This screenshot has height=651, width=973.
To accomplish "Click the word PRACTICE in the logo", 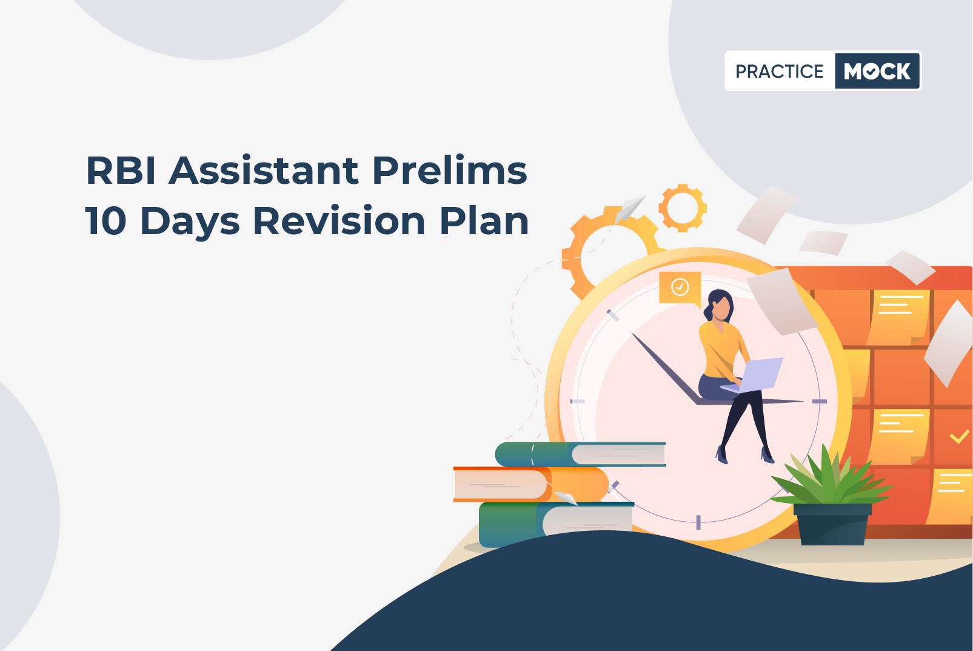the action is [x=779, y=71].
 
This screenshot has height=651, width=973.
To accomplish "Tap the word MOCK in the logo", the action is [x=877, y=71].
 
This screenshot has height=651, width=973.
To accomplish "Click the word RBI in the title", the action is [x=121, y=170].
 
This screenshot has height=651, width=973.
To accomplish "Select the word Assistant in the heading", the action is [x=264, y=170].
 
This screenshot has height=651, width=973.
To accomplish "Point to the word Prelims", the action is [x=450, y=170].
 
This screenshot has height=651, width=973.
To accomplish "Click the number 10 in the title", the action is [x=105, y=221].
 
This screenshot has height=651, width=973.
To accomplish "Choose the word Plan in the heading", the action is [x=484, y=220].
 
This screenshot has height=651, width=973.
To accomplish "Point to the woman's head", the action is [x=720, y=306].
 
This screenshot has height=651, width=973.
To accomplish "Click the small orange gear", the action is [x=683, y=207].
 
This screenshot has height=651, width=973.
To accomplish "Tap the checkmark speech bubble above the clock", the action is [x=680, y=288].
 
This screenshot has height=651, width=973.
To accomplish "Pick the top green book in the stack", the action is [x=580, y=454].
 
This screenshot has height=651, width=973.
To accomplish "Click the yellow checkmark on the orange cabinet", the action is [x=959, y=437].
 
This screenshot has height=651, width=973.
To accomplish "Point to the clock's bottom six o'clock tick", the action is [x=698, y=522].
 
